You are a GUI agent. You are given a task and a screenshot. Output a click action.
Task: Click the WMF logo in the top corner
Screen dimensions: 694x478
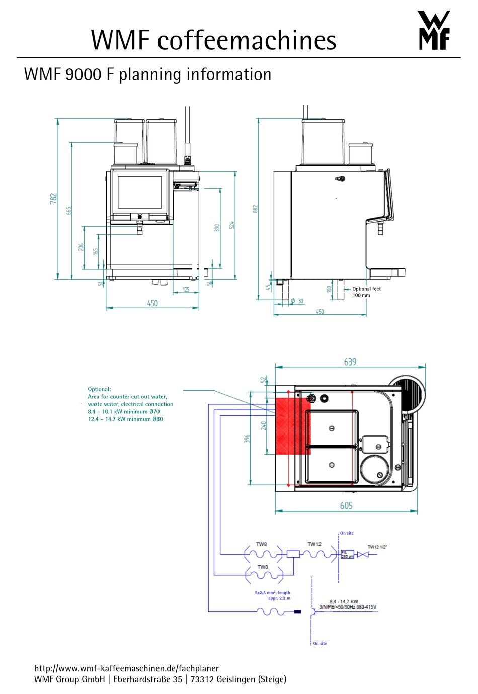point(434,31)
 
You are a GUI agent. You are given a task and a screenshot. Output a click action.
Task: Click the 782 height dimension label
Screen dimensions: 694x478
point(53,199)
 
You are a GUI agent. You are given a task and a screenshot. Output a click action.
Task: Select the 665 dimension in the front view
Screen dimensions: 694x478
point(68,210)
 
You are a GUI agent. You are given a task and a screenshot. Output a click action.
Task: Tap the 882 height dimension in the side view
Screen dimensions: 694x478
point(255,208)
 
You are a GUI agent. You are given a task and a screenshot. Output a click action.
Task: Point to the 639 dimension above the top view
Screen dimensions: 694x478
point(350,362)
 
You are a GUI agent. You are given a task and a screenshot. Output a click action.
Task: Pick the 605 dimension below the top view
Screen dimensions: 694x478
point(346,505)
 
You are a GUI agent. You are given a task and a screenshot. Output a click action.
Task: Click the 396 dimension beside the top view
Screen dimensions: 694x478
point(247,439)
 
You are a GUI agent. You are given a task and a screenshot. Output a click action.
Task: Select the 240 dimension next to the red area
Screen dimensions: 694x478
point(263,426)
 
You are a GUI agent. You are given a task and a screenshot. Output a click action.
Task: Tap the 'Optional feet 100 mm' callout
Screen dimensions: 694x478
point(366,292)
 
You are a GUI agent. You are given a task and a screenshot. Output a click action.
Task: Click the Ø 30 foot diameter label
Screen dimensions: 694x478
point(297,301)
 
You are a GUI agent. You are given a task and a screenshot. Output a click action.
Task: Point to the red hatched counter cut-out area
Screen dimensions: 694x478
point(292,425)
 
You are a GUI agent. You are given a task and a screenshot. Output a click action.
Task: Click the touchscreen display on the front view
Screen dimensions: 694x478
point(139,192)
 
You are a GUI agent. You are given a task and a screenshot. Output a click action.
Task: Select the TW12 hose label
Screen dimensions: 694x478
point(314,544)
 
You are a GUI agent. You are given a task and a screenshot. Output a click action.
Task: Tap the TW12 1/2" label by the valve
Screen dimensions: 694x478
point(377,547)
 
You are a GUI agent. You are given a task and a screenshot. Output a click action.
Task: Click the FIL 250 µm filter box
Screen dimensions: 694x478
point(348,554)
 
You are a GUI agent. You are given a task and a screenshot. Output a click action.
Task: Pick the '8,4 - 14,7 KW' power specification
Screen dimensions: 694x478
point(344,601)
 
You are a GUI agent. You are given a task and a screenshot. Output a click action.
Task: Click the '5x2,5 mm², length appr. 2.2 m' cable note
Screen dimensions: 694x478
point(272,595)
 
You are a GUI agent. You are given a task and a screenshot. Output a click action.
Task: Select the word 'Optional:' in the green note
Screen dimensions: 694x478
point(99,389)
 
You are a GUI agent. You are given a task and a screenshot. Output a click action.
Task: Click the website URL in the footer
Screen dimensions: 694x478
point(126,668)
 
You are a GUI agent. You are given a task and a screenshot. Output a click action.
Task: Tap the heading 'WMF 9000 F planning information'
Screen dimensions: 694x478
point(147,74)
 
